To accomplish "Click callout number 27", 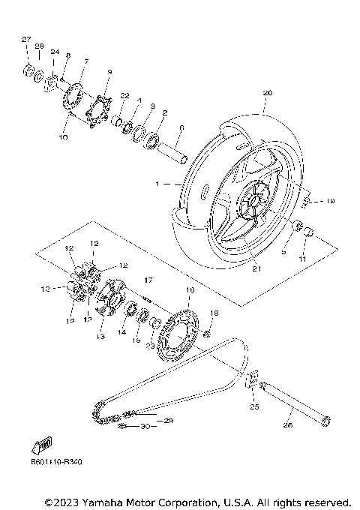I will (25, 38).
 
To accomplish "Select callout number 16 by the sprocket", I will (190, 289).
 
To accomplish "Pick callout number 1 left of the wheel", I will (157, 184).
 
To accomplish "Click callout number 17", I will (148, 280).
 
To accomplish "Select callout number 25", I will (253, 407).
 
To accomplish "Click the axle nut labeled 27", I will (27, 73).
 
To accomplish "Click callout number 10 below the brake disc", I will (63, 138).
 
